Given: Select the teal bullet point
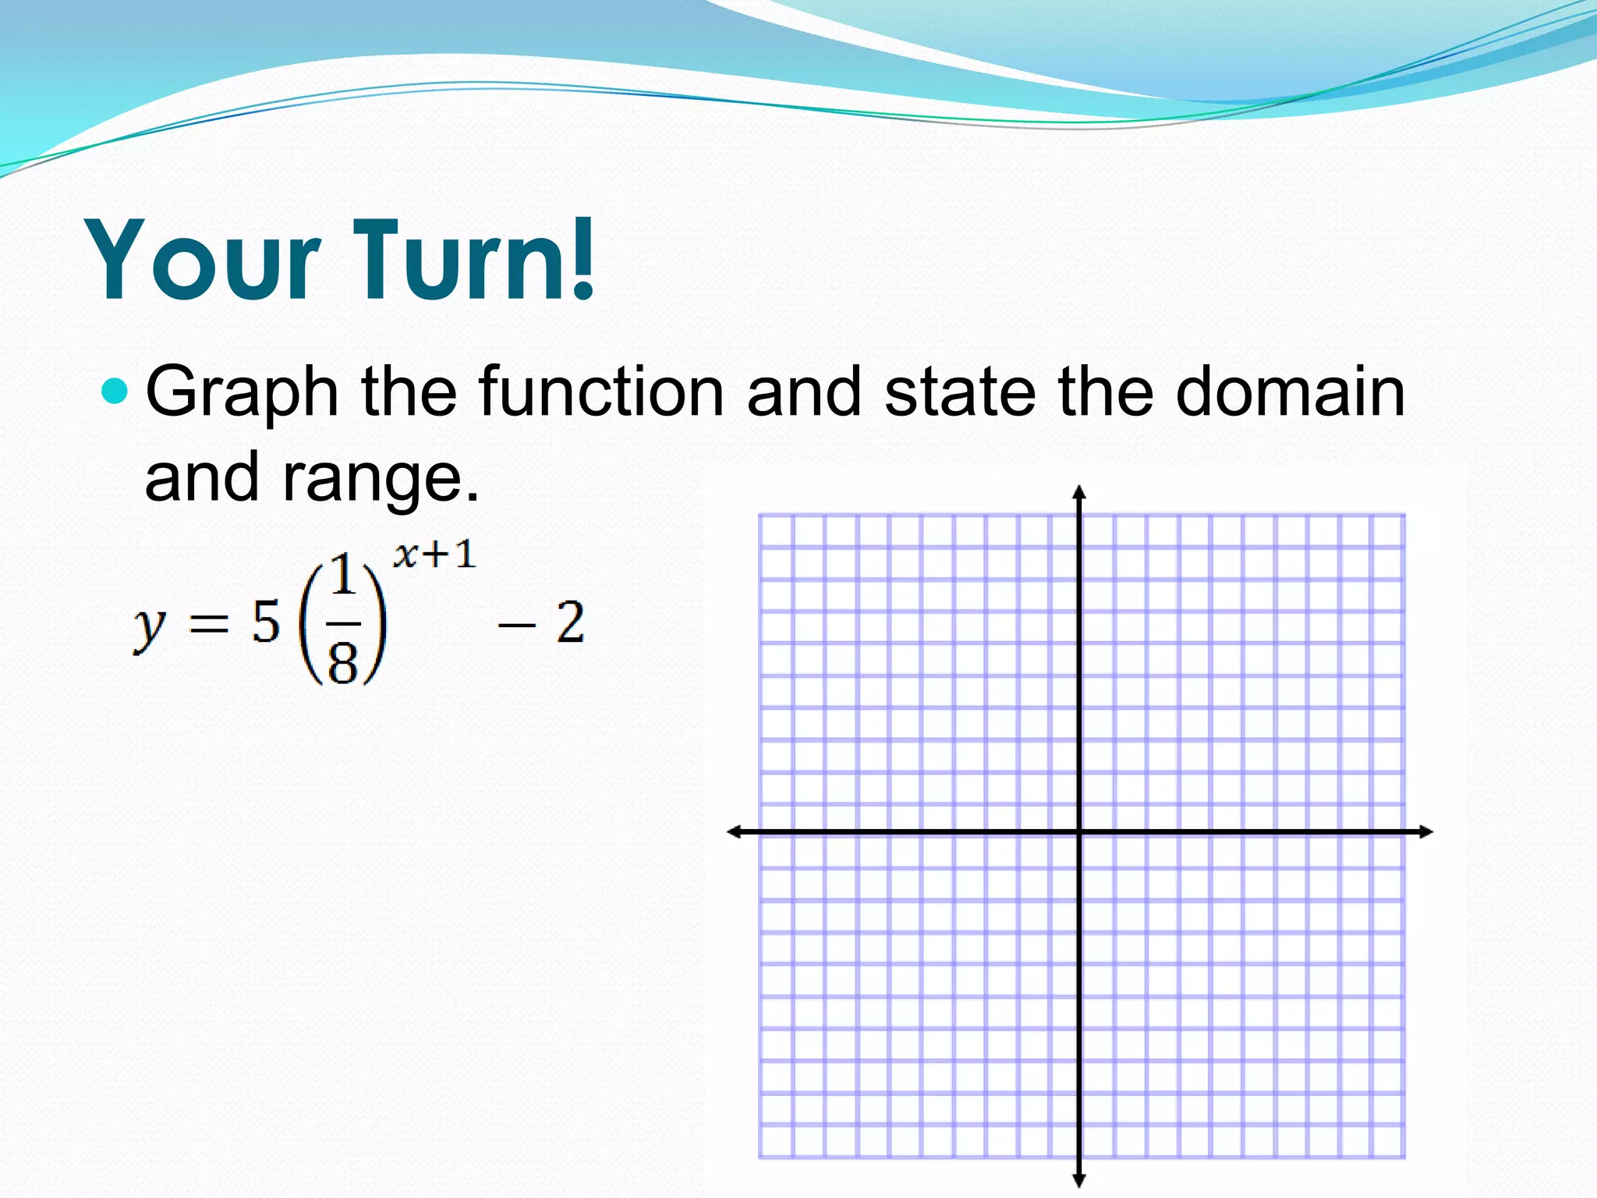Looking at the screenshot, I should pos(115,390).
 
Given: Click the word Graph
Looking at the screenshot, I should pos(242,394).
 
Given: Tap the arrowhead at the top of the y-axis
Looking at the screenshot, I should pos(1079,491).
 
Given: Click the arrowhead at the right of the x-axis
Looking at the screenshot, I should pos(1426,832).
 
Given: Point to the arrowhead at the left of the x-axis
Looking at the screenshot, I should pos(734,832).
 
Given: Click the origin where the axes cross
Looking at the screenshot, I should pos(1079,832).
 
